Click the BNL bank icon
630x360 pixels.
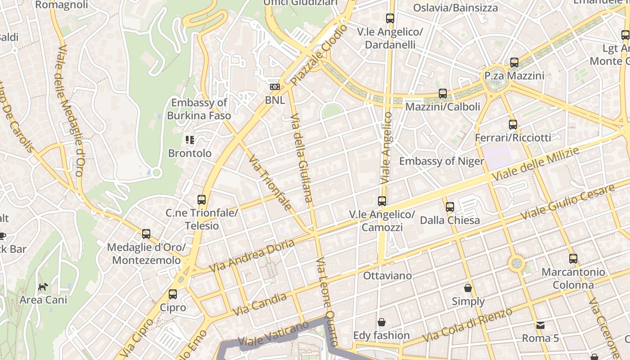(x=274, y=87)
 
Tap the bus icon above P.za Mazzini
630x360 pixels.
(x=514, y=63)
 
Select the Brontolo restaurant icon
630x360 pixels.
(x=190, y=140)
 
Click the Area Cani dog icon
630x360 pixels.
(x=43, y=287)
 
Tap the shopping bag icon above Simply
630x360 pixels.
(x=468, y=288)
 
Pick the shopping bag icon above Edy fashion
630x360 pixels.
(x=382, y=322)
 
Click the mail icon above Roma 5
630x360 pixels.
(x=540, y=325)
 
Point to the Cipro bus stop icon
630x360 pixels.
(x=173, y=294)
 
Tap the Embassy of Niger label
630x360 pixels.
(x=441, y=161)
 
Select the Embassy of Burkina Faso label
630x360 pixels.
(x=199, y=109)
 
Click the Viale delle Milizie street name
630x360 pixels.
(x=535, y=164)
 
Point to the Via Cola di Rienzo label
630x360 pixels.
(x=468, y=325)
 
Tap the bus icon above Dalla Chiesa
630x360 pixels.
(x=450, y=207)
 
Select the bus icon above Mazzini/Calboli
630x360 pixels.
(x=443, y=94)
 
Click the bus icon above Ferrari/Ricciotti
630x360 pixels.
(x=513, y=124)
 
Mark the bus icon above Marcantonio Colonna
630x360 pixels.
(x=573, y=259)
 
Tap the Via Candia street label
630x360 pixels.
(x=260, y=305)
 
